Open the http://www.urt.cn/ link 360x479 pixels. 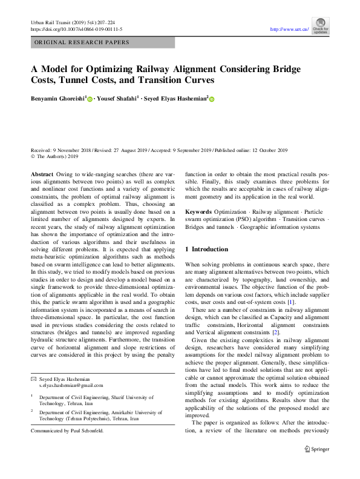pyautogui.click(x=289, y=28)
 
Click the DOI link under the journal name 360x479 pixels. pyautogui.click(x=76, y=28)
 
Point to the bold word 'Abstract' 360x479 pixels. pyautogui.click(x=42, y=174)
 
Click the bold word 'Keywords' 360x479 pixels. pyautogui.click(x=198, y=212)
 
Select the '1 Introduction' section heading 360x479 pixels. pyautogui.click(x=206, y=249)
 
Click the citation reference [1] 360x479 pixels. pyautogui.click(x=291, y=302)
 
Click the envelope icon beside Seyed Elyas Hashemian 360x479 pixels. pyautogui.click(x=33, y=378)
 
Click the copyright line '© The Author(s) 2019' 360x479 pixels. pyautogui.click(x=54, y=156)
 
